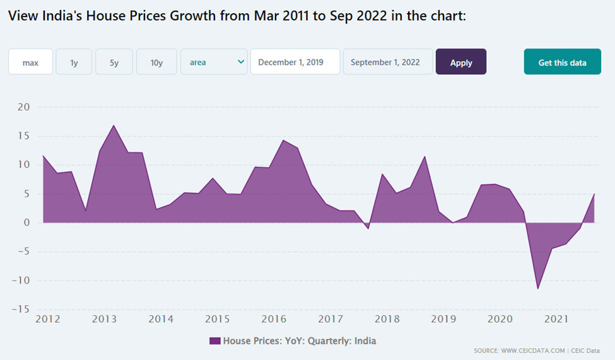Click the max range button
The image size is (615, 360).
[30, 62]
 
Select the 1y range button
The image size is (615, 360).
[74, 62]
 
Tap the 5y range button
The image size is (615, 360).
[114, 62]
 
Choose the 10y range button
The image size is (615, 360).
[156, 62]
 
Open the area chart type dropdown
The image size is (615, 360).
[214, 62]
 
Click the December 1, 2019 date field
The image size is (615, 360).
[295, 62]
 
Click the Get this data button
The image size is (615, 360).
[562, 62]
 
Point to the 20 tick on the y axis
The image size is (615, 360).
[23, 107]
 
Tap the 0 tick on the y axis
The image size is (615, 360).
[26, 223]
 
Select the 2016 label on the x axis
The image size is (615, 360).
[274, 319]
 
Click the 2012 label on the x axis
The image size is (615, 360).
[47, 319]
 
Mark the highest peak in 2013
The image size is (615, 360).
[114, 125]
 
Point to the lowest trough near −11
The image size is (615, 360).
[537, 289]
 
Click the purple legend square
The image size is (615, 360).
[214, 341]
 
